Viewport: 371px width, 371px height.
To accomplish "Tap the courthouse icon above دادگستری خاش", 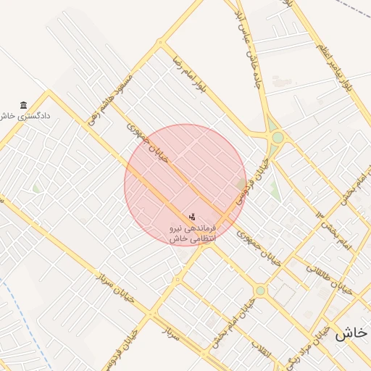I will coord(24,105).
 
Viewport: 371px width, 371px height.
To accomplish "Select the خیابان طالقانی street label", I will coord(333,280).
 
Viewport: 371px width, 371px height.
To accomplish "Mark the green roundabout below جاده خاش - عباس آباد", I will coord(278,137).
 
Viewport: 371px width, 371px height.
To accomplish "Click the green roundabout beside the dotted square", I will coord(260,291).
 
